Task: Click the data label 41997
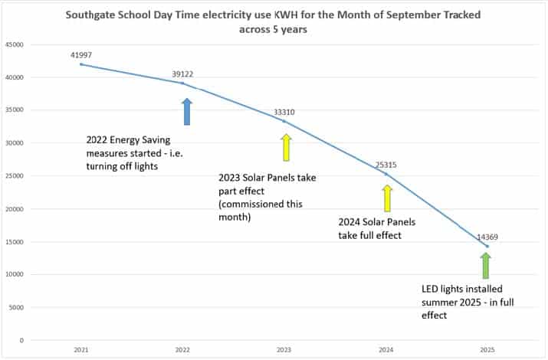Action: tap(80, 54)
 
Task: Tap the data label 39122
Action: tap(182, 74)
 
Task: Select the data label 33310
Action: tap(284, 113)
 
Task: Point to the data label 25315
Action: tap(386, 165)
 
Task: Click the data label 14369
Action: tap(487, 237)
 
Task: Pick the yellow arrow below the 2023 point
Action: tap(286, 147)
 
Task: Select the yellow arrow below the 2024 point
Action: tap(387, 198)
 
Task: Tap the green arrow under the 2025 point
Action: tap(485, 266)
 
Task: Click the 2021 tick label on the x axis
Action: tap(81, 349)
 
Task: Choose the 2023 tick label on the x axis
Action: tap(284, 349)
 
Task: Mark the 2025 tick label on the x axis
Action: tap(486, 349)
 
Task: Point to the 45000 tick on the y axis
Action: tap(15, 45)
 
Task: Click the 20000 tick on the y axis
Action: tap(15, 209)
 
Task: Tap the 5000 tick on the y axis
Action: tap(18, 307)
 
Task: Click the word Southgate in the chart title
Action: tap(91, 14)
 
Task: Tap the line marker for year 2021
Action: tap(81, 64)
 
